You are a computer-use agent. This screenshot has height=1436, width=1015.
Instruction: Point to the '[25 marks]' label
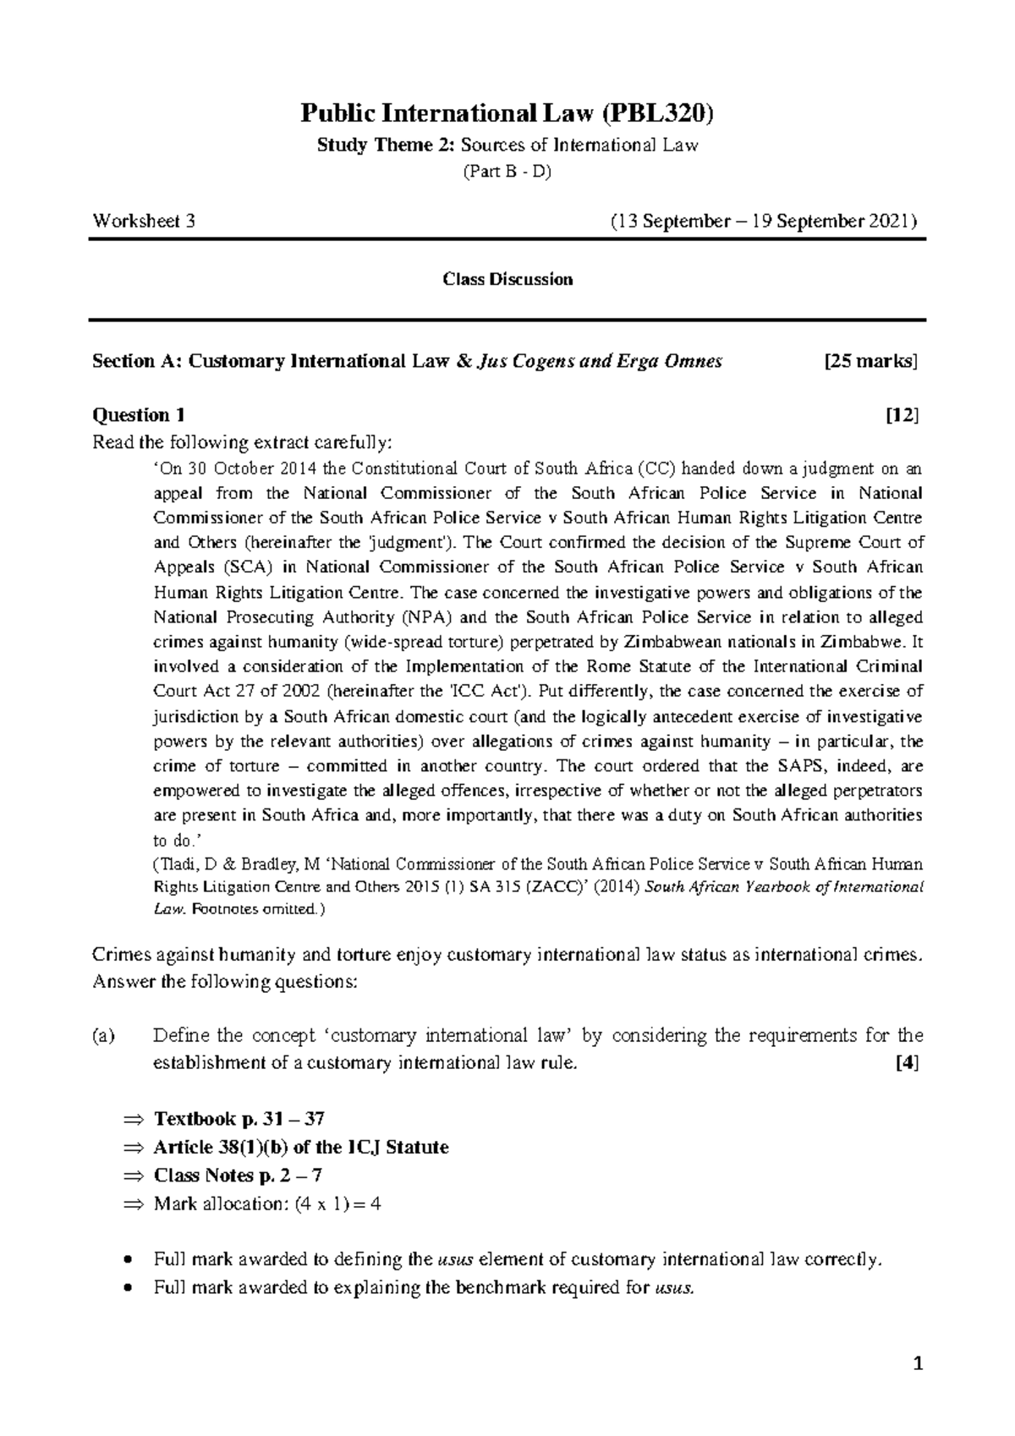click(870, 362)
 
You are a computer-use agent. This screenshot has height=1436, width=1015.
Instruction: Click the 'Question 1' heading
click(139, 415)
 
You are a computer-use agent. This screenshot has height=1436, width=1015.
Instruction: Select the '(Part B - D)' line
click(507, 173)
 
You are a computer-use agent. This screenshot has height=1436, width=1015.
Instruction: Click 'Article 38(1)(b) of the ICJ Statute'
click(301, 1148)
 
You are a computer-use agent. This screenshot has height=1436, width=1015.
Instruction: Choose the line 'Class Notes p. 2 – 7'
click(239, 1176)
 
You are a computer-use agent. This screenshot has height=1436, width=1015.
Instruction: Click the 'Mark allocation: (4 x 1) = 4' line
click(267, 1203)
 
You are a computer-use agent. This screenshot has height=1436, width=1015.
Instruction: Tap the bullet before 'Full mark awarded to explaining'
click(127, 1288)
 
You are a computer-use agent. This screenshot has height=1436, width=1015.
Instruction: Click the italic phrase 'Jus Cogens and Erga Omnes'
click(601, 362)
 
